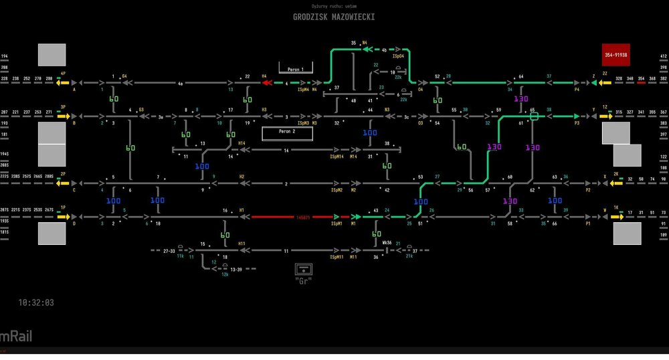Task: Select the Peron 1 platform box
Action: [296, 69]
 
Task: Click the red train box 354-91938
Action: [616, 55]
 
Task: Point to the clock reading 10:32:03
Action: [37, 302]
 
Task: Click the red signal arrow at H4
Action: [267, 84]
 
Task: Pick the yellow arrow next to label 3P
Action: [64, 116]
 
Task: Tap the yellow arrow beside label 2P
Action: [64, 181]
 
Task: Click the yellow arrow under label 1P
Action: [64, 217]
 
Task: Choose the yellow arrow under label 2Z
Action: [605, 84]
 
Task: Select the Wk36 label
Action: [387, 242]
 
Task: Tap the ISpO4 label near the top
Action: [397, 56]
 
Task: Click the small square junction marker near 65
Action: [534, 116]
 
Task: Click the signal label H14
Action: [242, 143]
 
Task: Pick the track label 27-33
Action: [169, 251]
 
